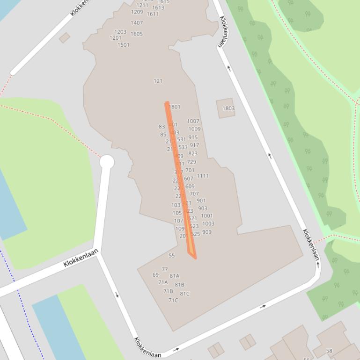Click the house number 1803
228,108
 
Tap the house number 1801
175,107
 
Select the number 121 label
158,81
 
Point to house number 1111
203,176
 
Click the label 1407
137,23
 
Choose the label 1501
124,45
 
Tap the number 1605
137,34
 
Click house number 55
171,256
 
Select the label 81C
185,294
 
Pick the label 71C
173,301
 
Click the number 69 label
155,275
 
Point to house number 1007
193,121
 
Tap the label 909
207,232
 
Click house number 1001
207,216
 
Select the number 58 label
329,351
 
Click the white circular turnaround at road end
107,162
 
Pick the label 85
163,135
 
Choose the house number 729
191,162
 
